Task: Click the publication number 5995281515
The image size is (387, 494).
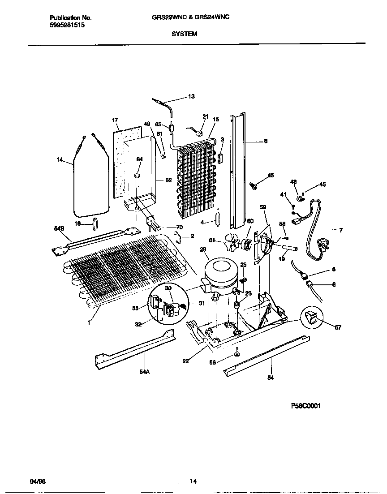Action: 67,26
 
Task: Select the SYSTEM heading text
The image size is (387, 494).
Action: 184,34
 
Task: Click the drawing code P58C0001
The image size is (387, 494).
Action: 306,406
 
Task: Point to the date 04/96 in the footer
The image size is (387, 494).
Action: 38,481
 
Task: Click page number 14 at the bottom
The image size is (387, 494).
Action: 193,481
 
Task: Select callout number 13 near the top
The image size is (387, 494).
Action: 191,96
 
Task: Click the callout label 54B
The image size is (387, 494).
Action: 59,229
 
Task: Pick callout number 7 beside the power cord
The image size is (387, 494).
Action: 340,231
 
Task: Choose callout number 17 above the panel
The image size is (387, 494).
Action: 115,120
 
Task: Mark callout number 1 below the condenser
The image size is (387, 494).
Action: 89,322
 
